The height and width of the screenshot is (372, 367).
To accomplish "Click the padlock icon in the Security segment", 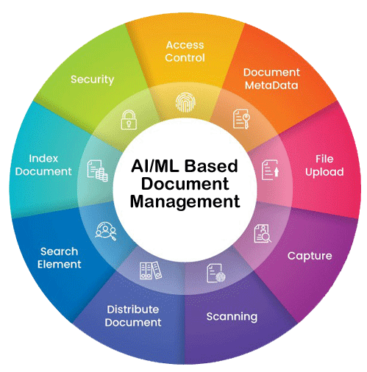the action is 129,120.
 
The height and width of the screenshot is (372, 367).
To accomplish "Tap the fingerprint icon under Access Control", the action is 185,102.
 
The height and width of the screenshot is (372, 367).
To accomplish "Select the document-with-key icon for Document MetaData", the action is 241,119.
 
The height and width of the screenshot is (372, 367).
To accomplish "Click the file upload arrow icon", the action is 270,170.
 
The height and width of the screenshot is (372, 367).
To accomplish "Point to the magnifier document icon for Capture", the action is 263,233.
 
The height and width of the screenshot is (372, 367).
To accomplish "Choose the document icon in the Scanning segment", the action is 216,273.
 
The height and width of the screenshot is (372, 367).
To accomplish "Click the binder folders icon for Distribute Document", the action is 151,271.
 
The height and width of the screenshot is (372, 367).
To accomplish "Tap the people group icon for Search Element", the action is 106,231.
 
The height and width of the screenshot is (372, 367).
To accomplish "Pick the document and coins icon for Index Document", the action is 97,171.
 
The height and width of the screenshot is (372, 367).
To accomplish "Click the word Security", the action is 93,79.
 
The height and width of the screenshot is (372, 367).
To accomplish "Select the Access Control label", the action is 185,51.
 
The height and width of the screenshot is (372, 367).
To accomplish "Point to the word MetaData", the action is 271,85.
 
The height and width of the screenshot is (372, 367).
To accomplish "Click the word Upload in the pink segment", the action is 324,172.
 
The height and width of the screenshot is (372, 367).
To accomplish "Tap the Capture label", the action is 310,257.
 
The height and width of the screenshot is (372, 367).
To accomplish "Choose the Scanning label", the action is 232,317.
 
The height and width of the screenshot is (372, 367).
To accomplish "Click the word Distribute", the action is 133,310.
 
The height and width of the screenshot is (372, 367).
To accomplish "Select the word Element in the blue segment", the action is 60,264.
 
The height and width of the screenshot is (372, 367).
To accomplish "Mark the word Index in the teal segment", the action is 43,159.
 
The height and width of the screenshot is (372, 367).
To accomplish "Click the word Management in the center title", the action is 185,201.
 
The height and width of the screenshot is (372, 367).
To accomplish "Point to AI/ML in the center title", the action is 155,166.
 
